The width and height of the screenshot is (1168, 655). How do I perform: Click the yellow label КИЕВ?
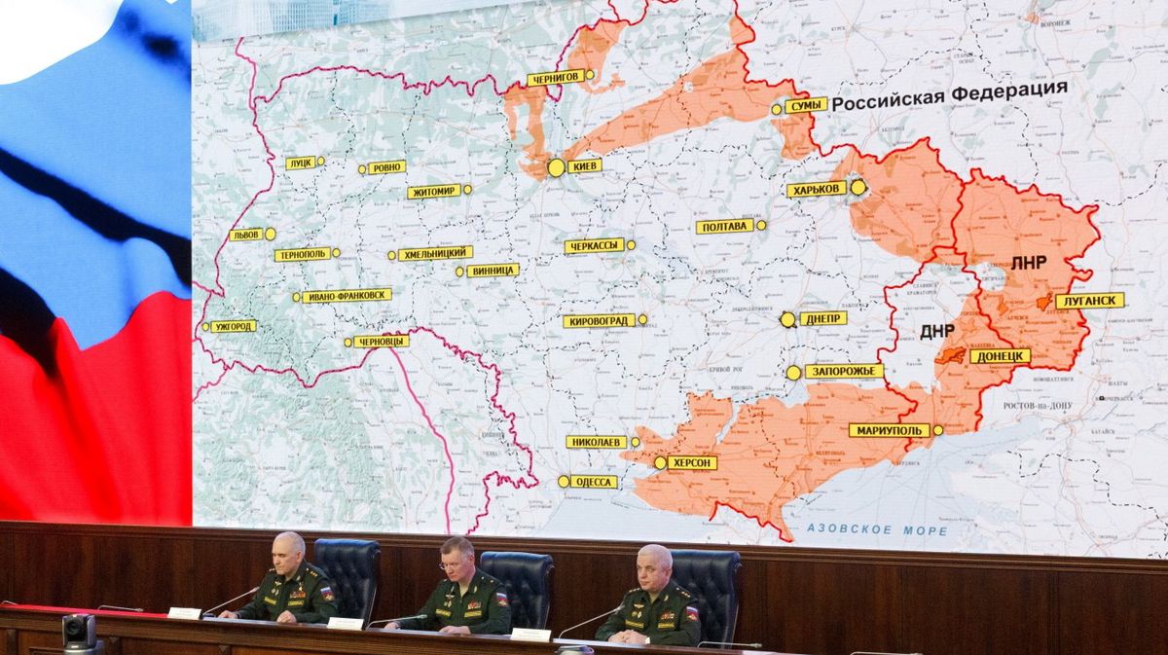tap(584, 166)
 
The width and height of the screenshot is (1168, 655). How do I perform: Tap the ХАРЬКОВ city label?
tap(817, 190)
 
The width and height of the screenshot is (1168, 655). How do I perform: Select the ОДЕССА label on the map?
tap(594, 482)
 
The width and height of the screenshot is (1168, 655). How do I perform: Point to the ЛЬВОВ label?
tap(245, 235)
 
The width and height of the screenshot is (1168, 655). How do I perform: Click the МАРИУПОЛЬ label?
tap(889, 430)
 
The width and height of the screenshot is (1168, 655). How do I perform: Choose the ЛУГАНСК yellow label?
tap(1089, 301)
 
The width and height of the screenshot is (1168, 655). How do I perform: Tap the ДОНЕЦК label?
tap(1000, 356)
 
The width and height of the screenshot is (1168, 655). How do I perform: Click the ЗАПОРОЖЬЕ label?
tap(844, 371)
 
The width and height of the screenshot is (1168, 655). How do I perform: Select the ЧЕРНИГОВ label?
tap(555, 78)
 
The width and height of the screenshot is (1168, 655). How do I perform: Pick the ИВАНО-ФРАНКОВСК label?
tap(347, 296)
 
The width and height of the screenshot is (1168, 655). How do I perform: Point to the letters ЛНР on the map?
tap(1028, 264)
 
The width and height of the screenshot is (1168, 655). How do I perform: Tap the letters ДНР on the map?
tap(936, 331)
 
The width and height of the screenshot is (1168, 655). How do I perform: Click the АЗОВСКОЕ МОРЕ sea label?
tap(876, 530)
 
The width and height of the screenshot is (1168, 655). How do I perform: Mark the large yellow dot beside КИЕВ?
tap(556, 167)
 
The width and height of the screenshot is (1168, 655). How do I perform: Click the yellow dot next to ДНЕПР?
tap(787, 319)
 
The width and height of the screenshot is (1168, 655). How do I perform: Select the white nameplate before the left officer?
tap(184, 612)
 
